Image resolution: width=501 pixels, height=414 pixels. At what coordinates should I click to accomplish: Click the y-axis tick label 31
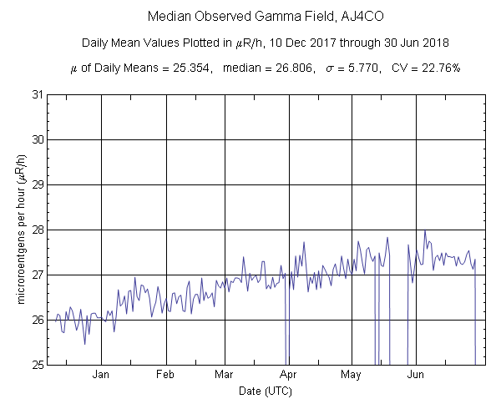click(x=38, y=94)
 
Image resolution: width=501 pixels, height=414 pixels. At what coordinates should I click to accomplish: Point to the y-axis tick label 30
click(x=38, y=139)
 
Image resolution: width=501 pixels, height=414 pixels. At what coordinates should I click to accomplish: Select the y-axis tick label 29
click(x=38, y=184)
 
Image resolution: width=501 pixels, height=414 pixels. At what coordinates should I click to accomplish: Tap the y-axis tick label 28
click(x=38, y=230)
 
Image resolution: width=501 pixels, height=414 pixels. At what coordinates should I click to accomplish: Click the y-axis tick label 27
click(x=38, y=275)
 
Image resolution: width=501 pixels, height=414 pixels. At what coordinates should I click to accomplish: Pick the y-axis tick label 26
click(x=38, y=320)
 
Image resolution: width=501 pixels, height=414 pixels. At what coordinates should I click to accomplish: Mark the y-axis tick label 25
click(x=38, y=365)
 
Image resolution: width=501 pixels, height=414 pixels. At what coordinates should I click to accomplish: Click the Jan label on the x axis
click(x=101, y=376)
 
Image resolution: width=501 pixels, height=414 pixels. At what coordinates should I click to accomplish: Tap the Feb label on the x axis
click(x=165, y=376)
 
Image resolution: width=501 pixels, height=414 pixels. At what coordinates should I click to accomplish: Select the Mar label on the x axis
click(x=224, y=376)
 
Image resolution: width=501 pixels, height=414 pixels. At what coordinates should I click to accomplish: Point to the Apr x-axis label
click(x=289, y=376)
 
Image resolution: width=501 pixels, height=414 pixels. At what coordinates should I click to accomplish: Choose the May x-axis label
click(x=351, y=376)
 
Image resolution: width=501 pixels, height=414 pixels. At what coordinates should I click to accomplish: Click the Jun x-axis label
click(x=415, y=376)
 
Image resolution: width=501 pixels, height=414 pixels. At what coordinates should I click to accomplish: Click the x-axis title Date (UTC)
click(x=266, y=391)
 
